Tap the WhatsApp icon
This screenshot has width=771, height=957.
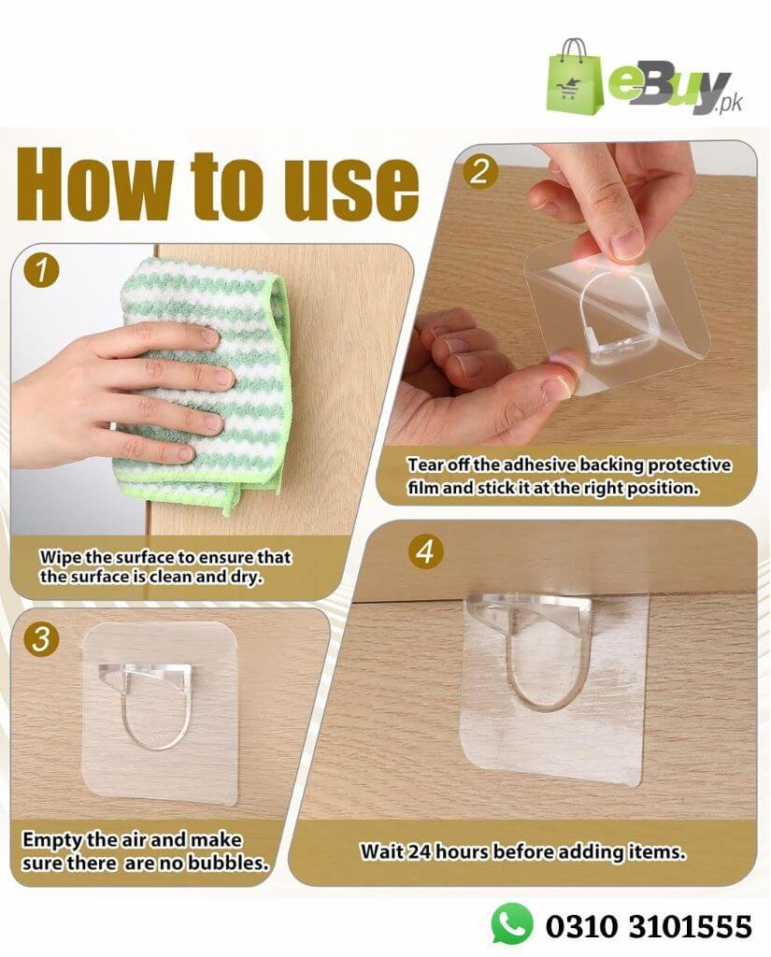coord(511,923)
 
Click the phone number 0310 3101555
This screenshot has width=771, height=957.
coord(649,926)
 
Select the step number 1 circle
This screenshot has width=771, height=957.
coord(41,271)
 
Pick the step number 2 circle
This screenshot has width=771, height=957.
coord(479,171)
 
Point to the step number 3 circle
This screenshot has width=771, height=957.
coord(41,639)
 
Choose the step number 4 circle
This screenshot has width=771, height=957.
coord(425,551)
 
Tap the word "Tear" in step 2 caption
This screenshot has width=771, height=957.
coord(425,465)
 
